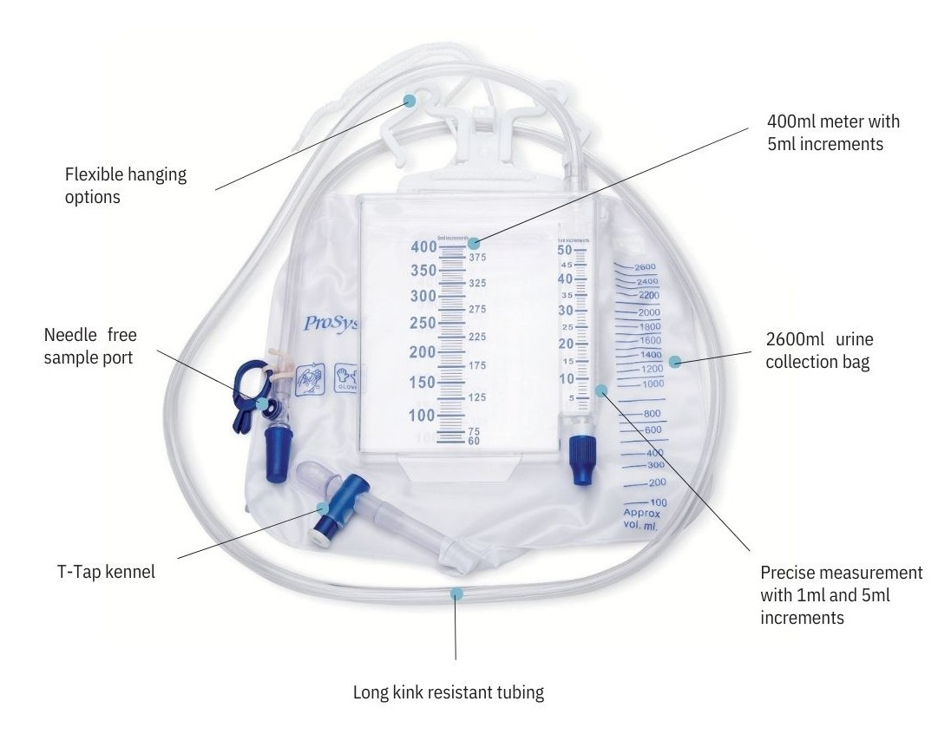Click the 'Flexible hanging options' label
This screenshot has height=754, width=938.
point(126,186)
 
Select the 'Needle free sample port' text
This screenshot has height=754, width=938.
point(91,345)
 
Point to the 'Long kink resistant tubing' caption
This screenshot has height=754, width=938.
point(449,692)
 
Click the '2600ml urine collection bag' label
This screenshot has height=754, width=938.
point(818,350)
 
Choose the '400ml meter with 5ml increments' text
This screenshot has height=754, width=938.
point(834,133)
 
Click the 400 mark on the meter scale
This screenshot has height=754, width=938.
point(423,247)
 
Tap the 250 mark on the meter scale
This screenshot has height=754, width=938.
point(423,323)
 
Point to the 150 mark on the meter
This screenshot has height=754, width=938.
point(423,383)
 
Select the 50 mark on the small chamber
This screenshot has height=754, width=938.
point(565,250)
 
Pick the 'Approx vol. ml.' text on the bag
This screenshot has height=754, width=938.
point(642,519)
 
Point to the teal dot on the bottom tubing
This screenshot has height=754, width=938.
point(456,593)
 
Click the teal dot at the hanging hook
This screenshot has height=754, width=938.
point(410,102)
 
